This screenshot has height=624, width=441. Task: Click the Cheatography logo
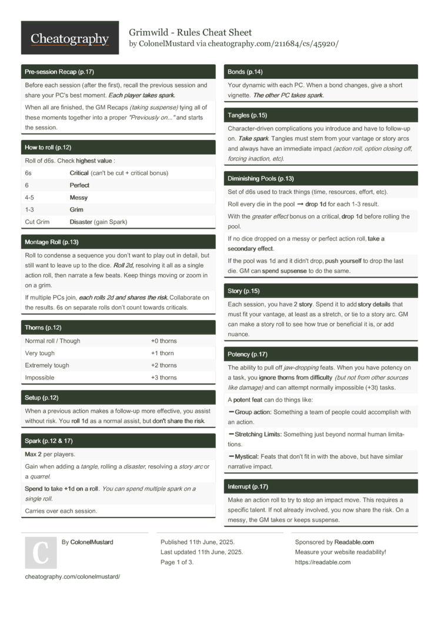[x=69, y=38]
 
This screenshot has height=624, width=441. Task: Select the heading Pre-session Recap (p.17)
[x=59, y=72]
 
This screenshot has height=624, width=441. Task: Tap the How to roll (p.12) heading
[x=48, y=147]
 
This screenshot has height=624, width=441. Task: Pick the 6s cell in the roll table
[x=28, y=173]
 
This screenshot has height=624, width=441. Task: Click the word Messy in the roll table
[x=79, y=198]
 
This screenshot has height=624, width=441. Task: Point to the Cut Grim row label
[x=37, y=222]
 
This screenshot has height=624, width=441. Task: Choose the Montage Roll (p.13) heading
[x=52, y=242]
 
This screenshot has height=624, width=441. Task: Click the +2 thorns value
[x=163, y=365]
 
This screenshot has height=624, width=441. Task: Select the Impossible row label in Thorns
[x=39, y=378]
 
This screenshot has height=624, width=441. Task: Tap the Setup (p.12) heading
[x=42, y=398]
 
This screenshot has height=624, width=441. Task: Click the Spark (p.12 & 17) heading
[x=49, y=441]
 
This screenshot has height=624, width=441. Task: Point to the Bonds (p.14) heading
[x=245, y=72]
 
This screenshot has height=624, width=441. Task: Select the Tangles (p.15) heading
[x=248, y=115]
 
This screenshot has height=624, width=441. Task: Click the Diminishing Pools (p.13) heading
[x=261, y=178]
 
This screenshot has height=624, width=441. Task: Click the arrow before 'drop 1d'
[x=300, y=204]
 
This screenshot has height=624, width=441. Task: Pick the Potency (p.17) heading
[x=248, y=354]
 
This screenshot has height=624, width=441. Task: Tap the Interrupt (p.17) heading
[x=248, y=486]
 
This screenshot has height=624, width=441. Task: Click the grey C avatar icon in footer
[x=41, y=553]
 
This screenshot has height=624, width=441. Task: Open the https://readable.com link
[x=323, y=562]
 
